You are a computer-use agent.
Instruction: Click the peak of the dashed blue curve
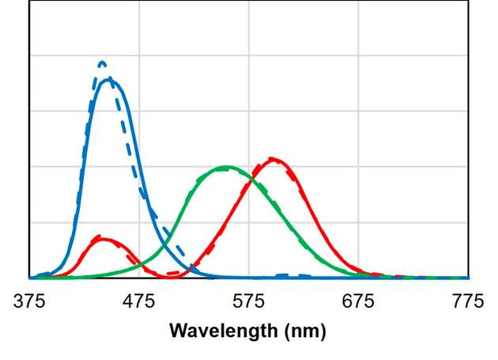[101, 62]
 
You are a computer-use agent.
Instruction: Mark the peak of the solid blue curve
[109, 78]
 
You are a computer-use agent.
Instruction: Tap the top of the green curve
[227, 167]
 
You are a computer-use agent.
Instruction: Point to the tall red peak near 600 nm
[274, 159]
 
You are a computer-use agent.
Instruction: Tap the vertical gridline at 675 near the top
[358, 24]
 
